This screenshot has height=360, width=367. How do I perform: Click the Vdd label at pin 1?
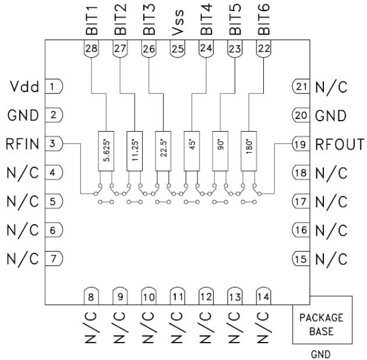coord(24,87)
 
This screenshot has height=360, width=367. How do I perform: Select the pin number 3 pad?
coord(53,143)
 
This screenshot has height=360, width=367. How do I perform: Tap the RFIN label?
coord(23,143)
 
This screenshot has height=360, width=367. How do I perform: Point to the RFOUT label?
coord(340,144)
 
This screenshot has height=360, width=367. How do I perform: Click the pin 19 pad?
coord(301,144)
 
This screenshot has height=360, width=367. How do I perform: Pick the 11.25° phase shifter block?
coord(135,150)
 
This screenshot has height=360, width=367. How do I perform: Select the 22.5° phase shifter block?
coord(163,150)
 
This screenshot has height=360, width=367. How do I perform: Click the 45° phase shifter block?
coord(192,150)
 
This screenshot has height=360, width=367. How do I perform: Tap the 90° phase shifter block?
coord(220,150)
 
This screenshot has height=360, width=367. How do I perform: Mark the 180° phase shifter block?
coord(249,150)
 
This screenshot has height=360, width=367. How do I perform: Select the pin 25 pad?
coord(177,50)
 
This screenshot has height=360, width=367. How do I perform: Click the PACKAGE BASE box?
coord(322,324)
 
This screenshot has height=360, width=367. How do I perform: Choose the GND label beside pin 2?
coord(23,115)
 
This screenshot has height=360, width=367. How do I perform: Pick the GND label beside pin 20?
coord(331,115)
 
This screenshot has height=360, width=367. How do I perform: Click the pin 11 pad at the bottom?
coord(177,296)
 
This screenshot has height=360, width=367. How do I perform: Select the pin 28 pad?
coord(91,50)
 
